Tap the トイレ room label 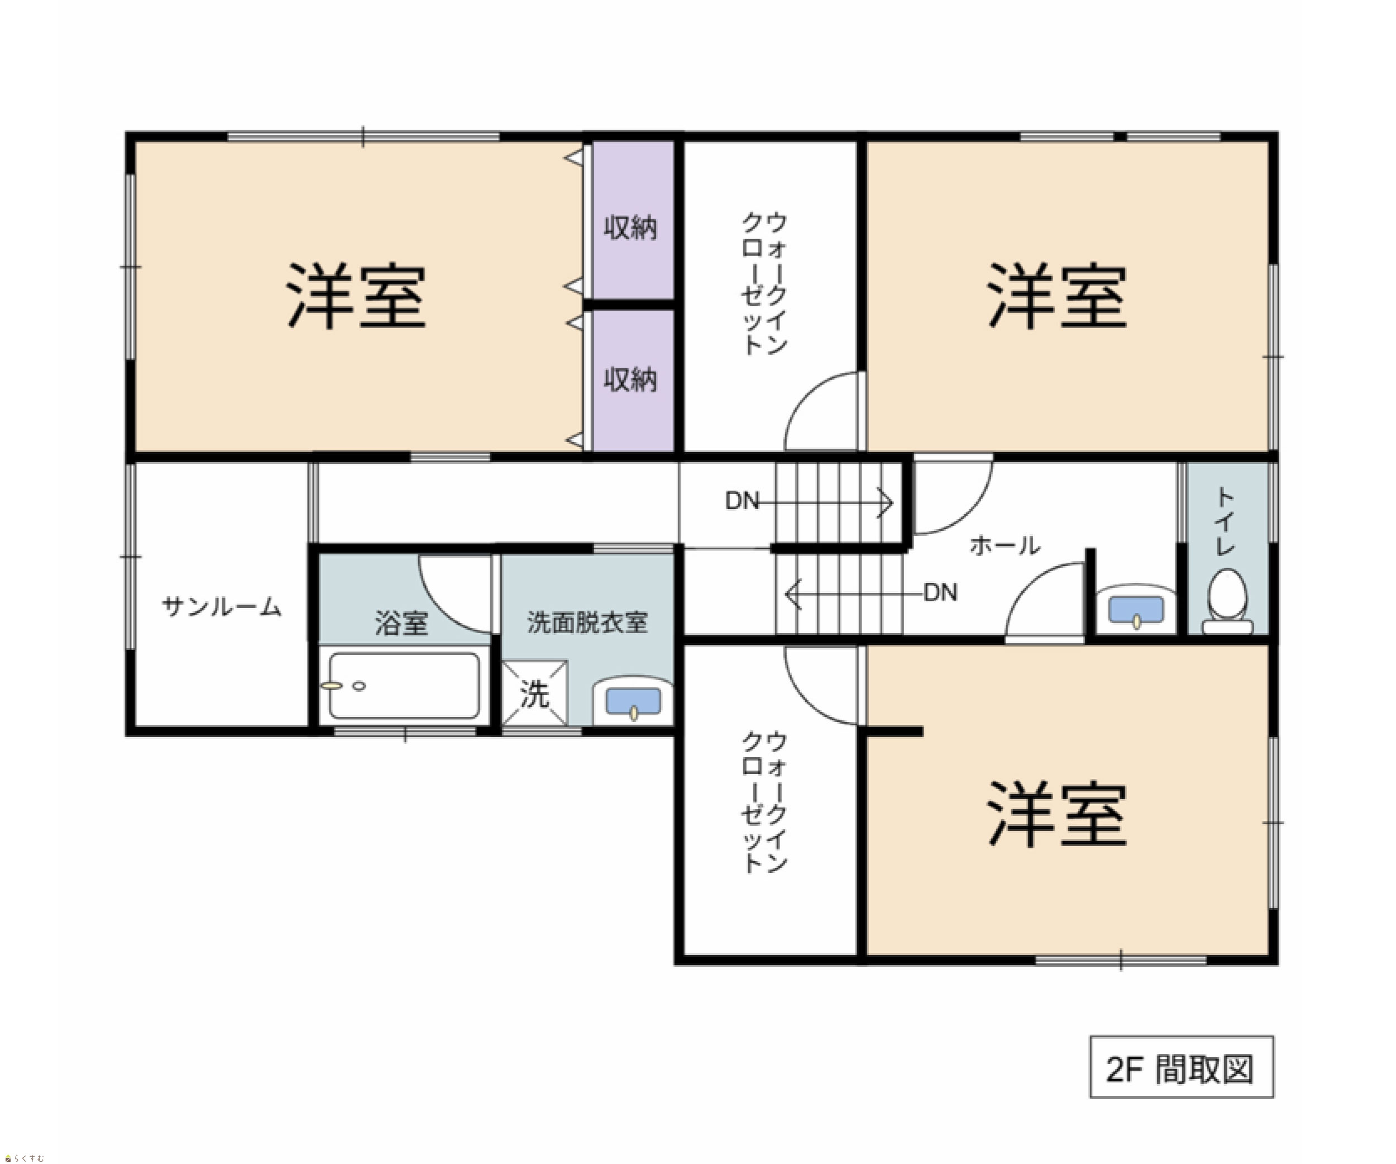[x=1225, y=521]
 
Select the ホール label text [x=1005, y=546]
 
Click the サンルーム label [x=222, y=607]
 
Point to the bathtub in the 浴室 [x=404, y=686]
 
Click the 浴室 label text [x=401, y=623]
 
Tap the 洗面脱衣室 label [x=587, y=623]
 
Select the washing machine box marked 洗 [x=534, y=692]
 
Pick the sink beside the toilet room [x=1135, y=609]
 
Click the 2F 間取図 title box [x=1181, y=1067]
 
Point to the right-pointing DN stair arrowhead [x=886, y=502]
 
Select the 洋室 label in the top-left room [x=356, y=296]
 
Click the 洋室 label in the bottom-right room [x=1057, y=814]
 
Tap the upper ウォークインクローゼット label [x=764, y=283]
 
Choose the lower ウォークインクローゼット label [x=764, y=801]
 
